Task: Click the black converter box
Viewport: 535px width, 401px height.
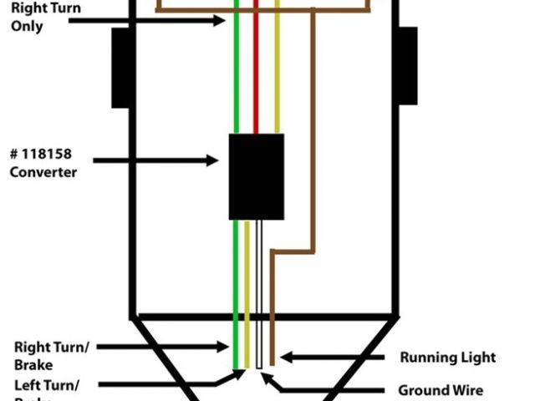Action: point(256,175)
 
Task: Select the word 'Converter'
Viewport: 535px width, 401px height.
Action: point(43,172)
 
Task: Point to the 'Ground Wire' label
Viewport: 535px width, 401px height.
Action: point(441,389)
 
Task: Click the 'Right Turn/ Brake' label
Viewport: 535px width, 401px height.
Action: point(50,354)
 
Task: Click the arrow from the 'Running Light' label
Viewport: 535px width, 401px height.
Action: point(334,358)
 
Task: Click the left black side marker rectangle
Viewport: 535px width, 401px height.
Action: point(120,67)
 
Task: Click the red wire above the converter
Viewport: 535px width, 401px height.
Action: point(257,75)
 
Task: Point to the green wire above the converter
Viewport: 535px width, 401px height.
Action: point(237,75)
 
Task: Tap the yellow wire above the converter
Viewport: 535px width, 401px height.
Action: point(277,75)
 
